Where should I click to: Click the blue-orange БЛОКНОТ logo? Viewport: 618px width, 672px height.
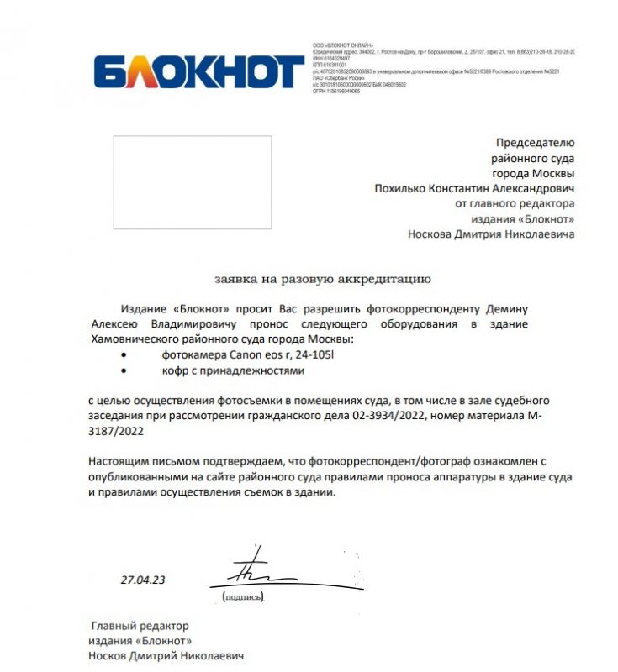[x=198, y=72]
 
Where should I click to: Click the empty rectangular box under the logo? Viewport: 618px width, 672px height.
[x=193, y=182]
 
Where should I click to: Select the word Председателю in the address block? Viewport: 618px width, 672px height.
[x=535, y=143]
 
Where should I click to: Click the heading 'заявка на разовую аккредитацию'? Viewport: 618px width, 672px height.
[x=321, y=278]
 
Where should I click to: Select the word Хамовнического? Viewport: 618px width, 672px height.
[x=137, y=339]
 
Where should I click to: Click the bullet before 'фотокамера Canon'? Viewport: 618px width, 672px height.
[x=125, y=355]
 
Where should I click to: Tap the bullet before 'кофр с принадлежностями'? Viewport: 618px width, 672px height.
[x=125, y=370]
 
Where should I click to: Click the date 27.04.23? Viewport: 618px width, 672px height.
[x=143, y=580]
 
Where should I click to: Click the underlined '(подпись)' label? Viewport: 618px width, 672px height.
[x=243, y=596]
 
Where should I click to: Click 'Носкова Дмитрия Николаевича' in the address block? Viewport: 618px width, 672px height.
[x=491, y=234]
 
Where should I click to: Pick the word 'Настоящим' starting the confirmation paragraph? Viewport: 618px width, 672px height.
[x=119, y=462]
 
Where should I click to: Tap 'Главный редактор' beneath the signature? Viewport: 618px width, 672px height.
[x=140, y=626]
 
